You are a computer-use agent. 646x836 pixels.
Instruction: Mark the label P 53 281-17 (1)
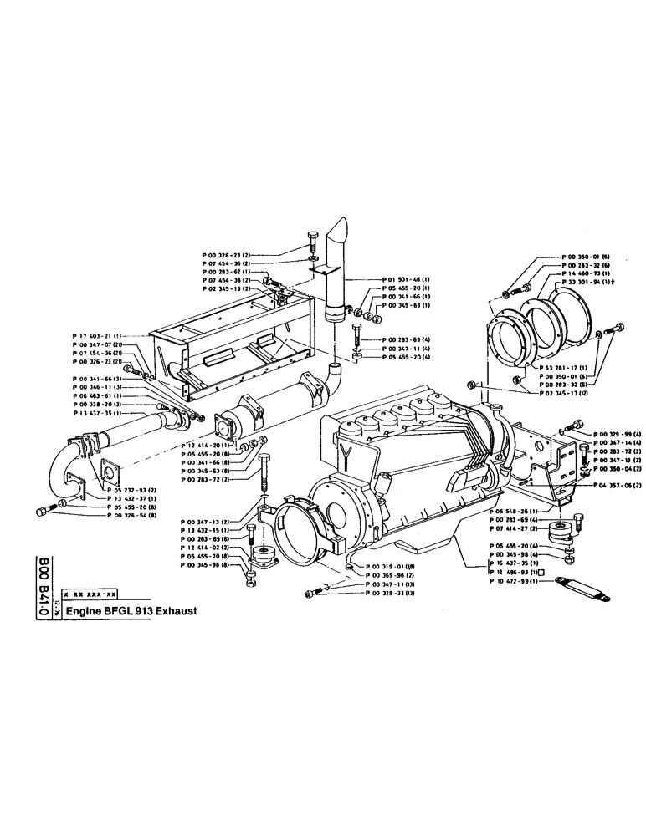561,369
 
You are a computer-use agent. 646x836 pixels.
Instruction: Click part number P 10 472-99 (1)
518,581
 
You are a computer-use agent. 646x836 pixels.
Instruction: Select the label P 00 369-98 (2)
390,576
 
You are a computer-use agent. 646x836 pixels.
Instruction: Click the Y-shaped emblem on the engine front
346,452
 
